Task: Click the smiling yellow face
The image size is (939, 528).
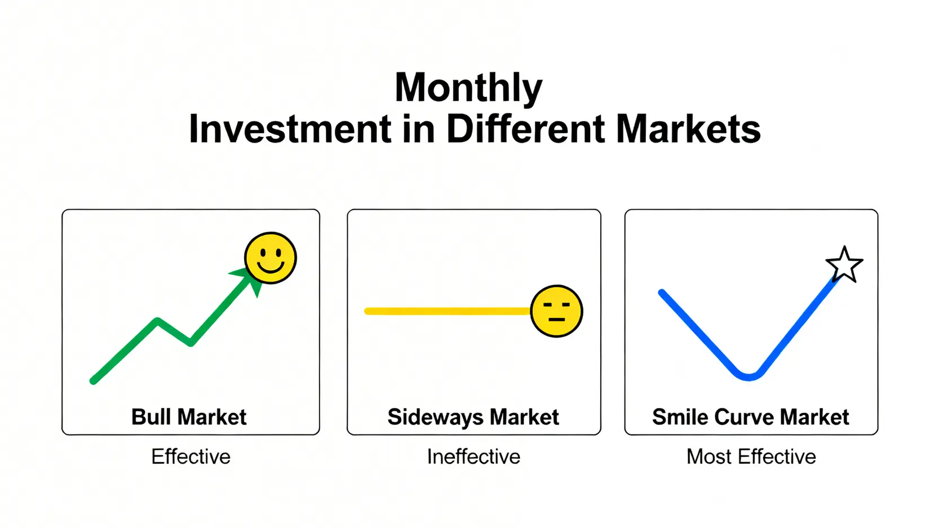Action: coord(271,258)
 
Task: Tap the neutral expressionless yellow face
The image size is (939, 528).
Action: coord(556,312)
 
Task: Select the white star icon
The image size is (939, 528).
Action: coord(844,265)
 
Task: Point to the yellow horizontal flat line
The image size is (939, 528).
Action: coord(448,312)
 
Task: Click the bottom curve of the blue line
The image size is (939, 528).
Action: coord(748,376)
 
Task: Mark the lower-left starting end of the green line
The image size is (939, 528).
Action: coord(93,381)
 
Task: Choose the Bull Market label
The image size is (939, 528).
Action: coord(189,417)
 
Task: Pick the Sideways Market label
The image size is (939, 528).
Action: coord(473,418)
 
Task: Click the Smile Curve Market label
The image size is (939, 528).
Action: coord(751,417)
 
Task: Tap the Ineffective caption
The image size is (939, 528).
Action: coord(473,456)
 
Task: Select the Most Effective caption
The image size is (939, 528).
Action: coord(751,456)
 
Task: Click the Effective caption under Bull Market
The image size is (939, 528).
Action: coord(191,456)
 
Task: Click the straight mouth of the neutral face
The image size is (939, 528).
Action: coord(557,320)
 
